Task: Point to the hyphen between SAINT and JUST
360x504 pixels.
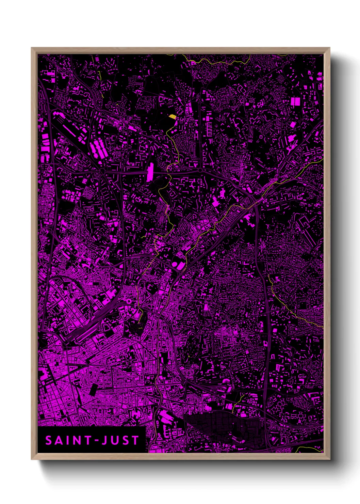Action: [x=96, y=441]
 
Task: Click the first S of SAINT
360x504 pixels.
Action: [x=48, y=440]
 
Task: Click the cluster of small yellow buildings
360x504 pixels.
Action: [x=173, y=116]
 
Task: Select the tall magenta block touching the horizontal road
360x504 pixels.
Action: [x=150, y=172]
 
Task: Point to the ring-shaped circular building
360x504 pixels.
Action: [x=129, y=301]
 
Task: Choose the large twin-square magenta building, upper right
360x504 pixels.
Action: [x=295, y=101]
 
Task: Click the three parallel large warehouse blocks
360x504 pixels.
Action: [x=99, y=149]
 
